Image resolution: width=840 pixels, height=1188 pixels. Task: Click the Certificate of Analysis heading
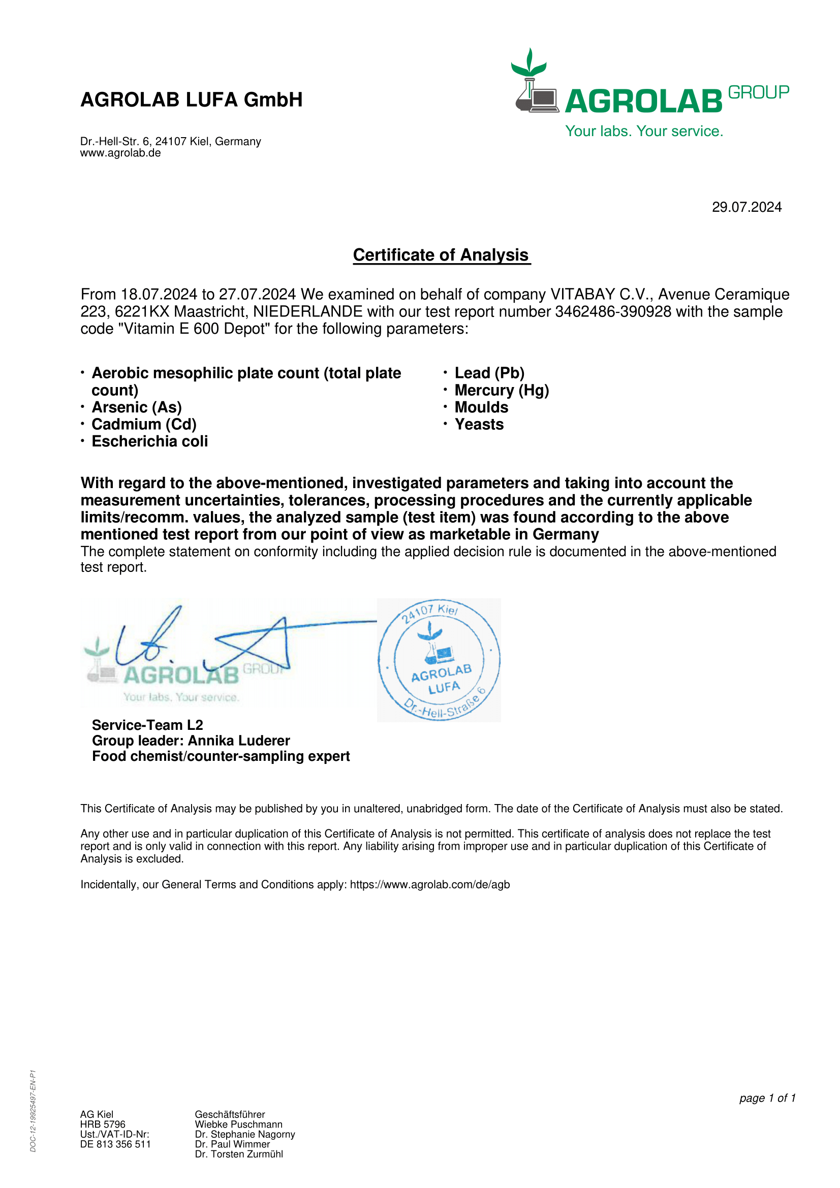coord(441,255)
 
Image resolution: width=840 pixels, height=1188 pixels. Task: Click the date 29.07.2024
coord(746,208)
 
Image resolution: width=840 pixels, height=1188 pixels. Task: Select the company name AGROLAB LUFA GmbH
coord(192,100)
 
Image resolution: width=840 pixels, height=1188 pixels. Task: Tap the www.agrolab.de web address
coord(120,153)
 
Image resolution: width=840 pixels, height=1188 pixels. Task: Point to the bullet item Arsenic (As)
coord(137,408)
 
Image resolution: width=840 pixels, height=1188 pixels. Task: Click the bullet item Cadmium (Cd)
coord(144,425)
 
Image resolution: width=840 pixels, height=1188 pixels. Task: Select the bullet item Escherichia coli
coord(149,442)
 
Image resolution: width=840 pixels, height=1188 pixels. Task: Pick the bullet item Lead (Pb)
coord(489,373)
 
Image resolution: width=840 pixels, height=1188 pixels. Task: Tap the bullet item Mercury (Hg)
coord(502,391)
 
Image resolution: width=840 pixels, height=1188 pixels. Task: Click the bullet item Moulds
coord(481,408)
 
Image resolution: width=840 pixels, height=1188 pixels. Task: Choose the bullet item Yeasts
coord(479,425)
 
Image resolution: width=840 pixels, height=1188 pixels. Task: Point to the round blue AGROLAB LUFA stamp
coord(439,660)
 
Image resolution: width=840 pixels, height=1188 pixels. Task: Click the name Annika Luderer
coord(239,741)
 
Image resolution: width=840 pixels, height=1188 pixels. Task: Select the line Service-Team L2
coord(147,725)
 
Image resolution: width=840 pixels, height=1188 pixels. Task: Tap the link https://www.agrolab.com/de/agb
coord(429,885)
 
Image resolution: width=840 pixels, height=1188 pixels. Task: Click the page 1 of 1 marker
coord(767,1098)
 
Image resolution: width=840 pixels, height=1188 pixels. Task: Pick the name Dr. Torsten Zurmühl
coord(239,1154)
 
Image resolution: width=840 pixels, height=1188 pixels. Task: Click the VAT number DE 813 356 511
coord(115,1144)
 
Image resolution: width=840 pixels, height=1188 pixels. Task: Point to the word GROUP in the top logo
coord(758,92)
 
